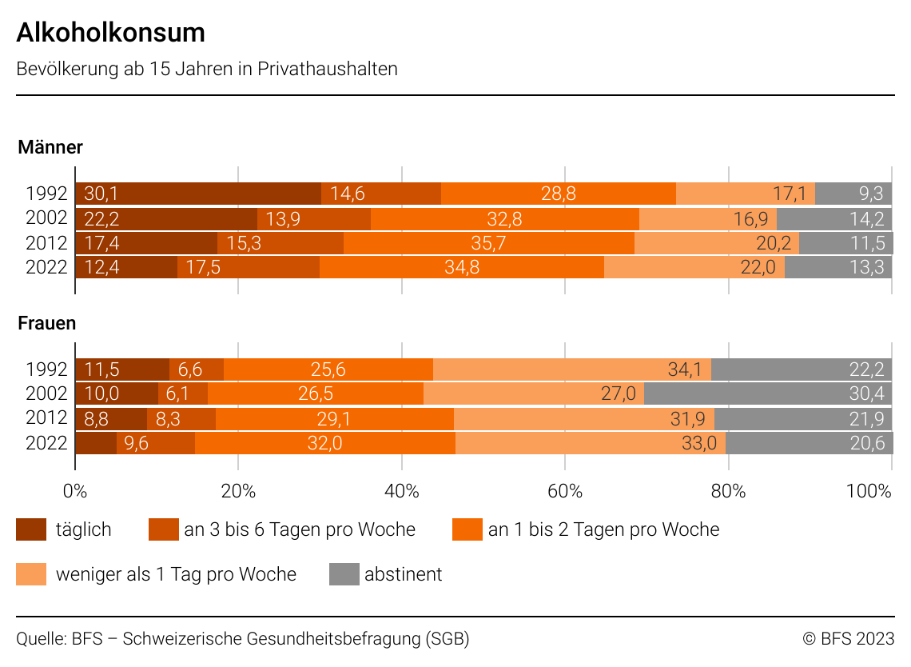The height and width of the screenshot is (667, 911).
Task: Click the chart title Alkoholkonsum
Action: [110, 33]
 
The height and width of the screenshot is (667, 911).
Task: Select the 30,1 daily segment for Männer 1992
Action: [198, 194]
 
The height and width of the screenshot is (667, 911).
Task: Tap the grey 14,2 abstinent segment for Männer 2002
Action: [834, 219]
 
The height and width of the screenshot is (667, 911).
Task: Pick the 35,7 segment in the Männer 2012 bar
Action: [488, 243]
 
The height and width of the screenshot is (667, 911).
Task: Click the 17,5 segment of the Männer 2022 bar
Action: [248, 267]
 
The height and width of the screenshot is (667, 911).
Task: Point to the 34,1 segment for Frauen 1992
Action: [571, 369]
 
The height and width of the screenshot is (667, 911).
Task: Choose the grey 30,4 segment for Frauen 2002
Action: [768, 393]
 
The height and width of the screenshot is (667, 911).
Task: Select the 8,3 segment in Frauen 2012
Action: [181, 418]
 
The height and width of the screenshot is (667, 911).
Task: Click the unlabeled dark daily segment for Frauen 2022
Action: [96, 442]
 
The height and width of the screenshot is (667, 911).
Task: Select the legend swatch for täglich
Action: [31, 529]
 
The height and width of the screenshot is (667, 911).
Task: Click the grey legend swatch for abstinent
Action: [344, 574]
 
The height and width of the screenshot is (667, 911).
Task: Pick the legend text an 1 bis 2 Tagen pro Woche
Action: [603, 529]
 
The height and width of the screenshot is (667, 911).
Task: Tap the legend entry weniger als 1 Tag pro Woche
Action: [176, 574]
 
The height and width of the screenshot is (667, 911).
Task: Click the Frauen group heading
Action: [47, 324]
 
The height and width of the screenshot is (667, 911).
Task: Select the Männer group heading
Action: [50, 147]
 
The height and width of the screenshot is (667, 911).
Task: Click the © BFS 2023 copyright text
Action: [848, 638]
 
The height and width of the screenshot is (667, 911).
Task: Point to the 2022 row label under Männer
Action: [46, 267]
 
